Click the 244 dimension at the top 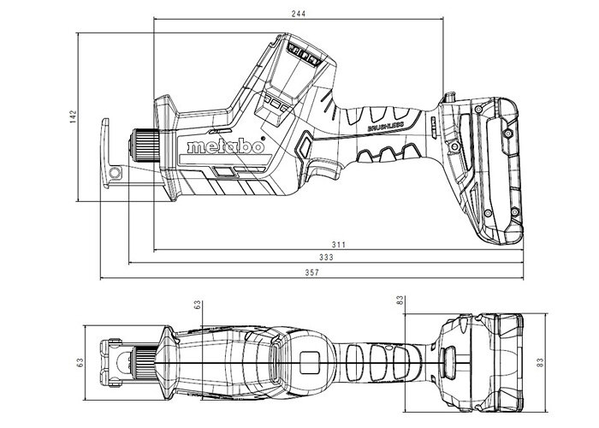tap(299, 13)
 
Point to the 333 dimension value tap(326, 258)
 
